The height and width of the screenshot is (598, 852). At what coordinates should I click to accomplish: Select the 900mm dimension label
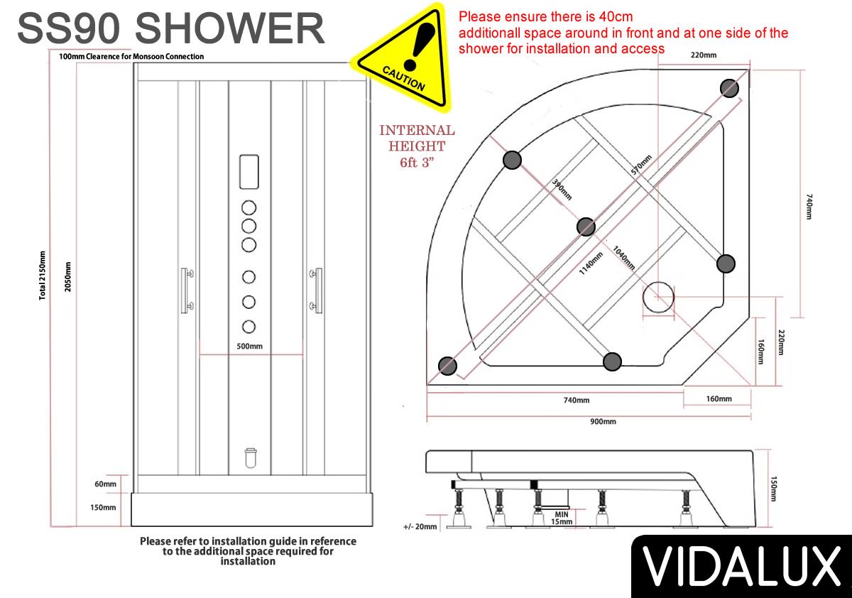coord(603,421)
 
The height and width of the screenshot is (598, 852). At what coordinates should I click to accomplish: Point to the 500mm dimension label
coord(249,346)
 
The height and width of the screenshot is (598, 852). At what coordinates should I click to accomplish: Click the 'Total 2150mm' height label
coord(42,276)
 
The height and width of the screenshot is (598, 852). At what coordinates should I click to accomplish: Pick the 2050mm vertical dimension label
coord(67,277)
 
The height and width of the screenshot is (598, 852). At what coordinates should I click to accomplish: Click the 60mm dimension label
coord(105,484)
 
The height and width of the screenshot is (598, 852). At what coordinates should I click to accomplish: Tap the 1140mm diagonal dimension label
coord(591,263)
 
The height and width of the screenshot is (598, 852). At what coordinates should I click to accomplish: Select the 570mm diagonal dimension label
coord(641,165)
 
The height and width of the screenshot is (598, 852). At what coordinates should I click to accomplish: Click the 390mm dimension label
coord(562,190)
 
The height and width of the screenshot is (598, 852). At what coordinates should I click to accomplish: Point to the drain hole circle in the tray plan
coord(658,297)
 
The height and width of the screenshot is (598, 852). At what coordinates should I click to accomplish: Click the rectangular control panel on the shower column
coord(249,172)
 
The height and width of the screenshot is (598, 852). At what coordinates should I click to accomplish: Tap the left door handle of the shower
coord(187,290)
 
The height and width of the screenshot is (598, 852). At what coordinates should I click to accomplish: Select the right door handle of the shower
coord(316,290)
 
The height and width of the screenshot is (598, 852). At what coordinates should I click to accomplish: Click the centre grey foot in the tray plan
coord(586,227)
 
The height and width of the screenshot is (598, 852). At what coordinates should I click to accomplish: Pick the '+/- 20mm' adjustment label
coord(420,526)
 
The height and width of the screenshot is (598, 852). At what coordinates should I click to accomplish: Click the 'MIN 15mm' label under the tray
coord(562,518)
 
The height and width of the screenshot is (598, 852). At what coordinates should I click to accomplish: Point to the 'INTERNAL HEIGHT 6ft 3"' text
coord(417,146)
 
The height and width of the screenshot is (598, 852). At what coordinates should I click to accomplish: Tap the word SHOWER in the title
coord(230,28)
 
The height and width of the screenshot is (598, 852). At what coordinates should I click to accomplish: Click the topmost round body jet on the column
coord(248,207)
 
